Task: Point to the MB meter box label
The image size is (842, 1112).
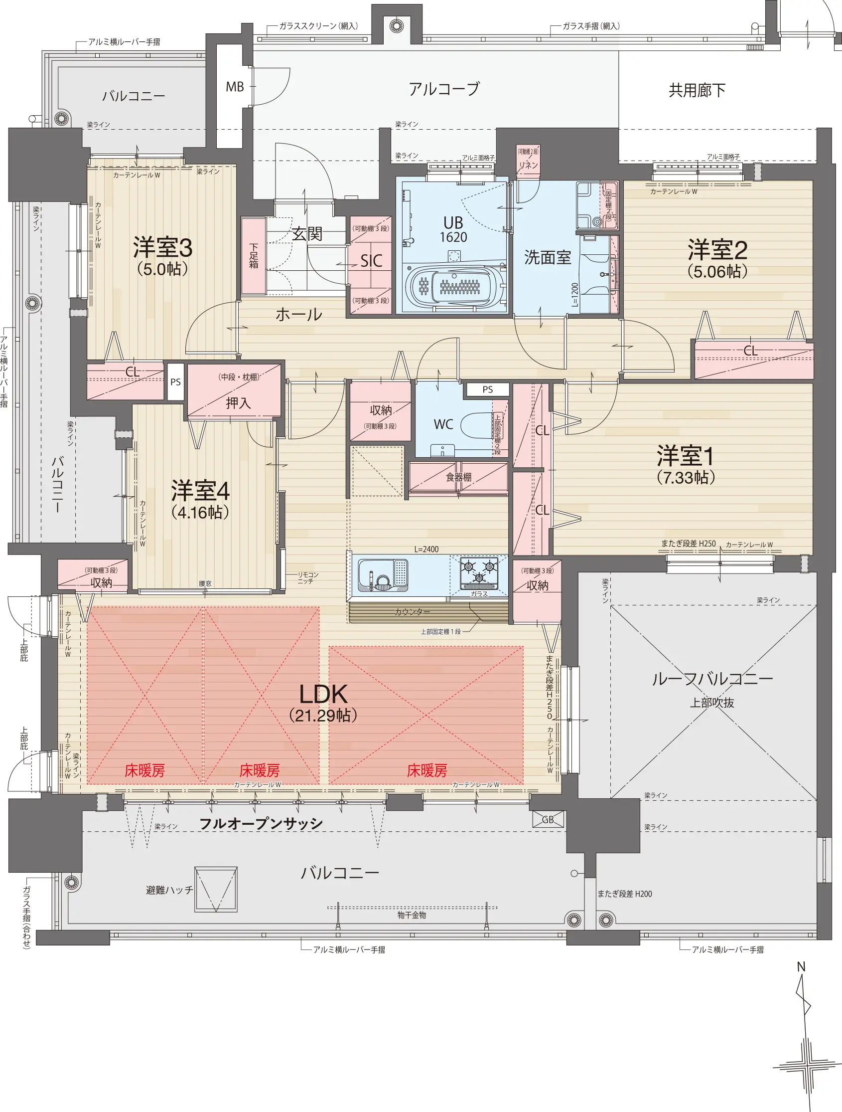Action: point(235,87)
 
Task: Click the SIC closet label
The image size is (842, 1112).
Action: point(371,261)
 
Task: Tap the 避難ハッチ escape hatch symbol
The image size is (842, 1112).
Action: point(216,889)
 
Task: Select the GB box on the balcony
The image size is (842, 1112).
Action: point(548,819)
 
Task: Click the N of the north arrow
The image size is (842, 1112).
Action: point(801,967)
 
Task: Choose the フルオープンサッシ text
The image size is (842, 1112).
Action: point(261,823)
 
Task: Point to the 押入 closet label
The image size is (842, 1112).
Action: point(238,403)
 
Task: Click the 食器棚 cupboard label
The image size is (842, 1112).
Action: point(459,477)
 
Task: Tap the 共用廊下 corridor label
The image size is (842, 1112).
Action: point(697,90)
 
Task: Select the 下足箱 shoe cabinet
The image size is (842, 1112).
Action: point(254,256)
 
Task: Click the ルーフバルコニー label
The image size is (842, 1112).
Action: point(712,679)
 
